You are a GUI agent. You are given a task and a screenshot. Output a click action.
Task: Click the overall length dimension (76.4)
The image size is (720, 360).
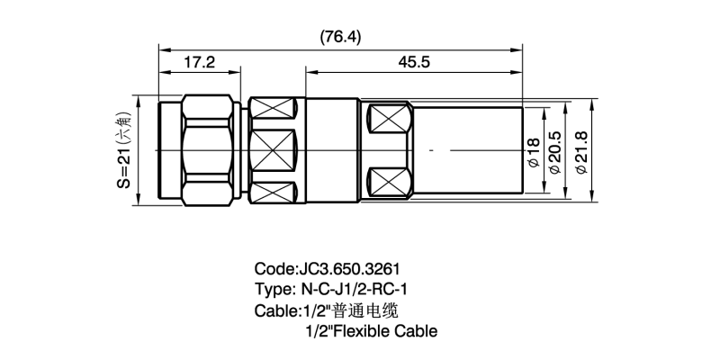tap(340, 37)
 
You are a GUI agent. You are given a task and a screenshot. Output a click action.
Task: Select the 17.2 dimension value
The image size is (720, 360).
tap(200, 62)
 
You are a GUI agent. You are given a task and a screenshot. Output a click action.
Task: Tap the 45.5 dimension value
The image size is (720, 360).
tap(414, 62)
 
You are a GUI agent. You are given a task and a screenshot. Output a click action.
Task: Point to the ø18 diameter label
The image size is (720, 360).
tap(533, 152)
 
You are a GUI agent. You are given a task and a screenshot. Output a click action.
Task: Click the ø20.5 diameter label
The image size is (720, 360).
tap(554, 152)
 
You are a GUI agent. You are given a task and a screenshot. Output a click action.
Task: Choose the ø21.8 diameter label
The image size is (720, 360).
tap(580, 152)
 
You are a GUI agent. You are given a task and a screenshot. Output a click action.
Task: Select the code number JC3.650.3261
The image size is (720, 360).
tap(349, 268)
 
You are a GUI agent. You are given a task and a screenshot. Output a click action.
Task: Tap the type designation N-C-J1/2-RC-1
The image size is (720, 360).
tap(354, 290)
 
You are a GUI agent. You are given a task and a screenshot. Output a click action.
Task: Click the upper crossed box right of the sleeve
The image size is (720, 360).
tap(391, 119)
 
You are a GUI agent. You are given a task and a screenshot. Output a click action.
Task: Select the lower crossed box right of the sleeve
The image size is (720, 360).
tap(391, 182)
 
